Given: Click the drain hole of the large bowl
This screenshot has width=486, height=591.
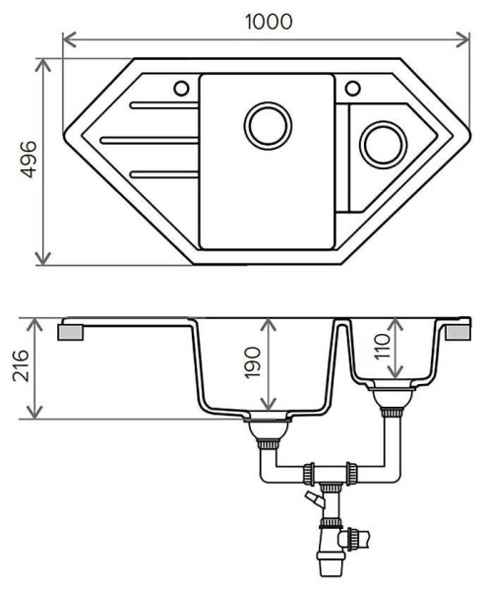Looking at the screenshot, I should (x=267, y=126).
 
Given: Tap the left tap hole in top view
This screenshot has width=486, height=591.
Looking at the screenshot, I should (x=181, y=88).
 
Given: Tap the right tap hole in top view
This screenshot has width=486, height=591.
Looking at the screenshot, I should (x=351, y=88).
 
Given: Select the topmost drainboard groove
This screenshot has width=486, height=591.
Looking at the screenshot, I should (x=162, y=104).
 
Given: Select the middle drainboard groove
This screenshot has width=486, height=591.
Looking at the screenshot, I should (x=148, y=140).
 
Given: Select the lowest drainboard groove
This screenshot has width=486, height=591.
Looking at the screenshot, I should (x=162, y=174).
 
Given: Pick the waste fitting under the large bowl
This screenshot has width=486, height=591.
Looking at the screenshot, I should (x=266, y=430).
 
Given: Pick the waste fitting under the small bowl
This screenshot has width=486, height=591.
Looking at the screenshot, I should (x=392, y=401).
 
